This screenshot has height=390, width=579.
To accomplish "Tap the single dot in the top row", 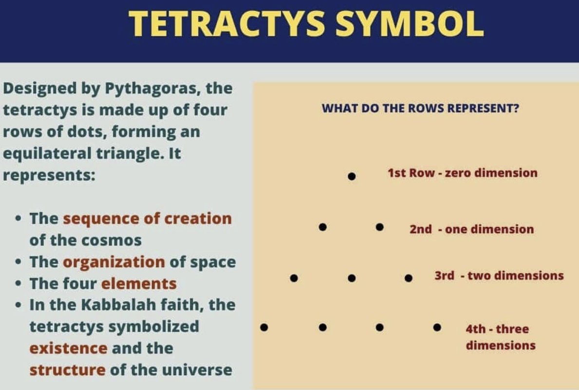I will tap(352, 176).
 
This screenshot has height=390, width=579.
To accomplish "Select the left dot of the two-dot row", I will tap(322, 227).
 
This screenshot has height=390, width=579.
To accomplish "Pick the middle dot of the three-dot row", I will tap(352, 278).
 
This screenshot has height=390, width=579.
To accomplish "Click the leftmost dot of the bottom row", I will tap(264, 327).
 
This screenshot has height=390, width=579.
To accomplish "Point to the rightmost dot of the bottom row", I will tap(437, 327).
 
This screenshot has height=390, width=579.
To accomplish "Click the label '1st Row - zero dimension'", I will tap(462, 173).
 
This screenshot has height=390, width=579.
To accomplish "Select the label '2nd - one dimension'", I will tap(471, 229).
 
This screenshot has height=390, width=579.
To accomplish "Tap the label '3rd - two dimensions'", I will tap(499, 276).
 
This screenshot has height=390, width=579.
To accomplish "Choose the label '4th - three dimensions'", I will tap(500, 337).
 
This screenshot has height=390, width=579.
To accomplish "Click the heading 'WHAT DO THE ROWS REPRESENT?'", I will tap(420, 108).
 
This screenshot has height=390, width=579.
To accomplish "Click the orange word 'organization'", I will tap(114, 262).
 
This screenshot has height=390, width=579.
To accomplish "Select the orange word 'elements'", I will tap(139, 283).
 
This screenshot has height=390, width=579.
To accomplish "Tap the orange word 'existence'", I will tap(68, 348).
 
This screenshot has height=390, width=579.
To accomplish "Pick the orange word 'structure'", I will tap(67, 370).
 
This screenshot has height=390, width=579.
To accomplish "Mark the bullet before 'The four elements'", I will tap(19, 283).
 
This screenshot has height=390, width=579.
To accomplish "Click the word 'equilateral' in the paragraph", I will tap(45, 153).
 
